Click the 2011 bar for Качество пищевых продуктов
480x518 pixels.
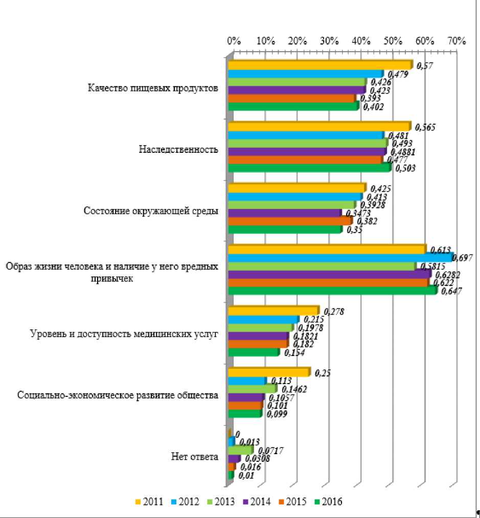click(x=319, y=65)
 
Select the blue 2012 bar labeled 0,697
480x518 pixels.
click(x=340, y=258)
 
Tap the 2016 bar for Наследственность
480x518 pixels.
click(x=309, y=168)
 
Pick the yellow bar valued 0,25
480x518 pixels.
click(x=268, y=372)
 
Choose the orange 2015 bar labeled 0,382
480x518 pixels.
click(x=289, y=221)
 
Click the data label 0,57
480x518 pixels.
click(x=425, y=65)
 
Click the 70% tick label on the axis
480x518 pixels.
click(x=455, y=41)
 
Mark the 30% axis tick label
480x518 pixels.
click(x=329, y=41)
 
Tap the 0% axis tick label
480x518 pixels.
click(x=233, y=41)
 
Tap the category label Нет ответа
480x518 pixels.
click(x=195, y=457)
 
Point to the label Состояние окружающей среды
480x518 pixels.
click(x=151, y=211)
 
